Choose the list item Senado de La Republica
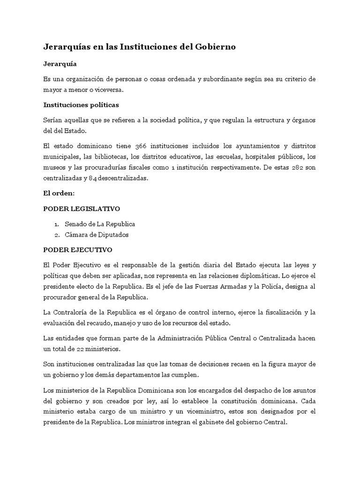coord(100,225)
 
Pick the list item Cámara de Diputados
coord(97,235)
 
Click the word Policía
coord(255,285)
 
